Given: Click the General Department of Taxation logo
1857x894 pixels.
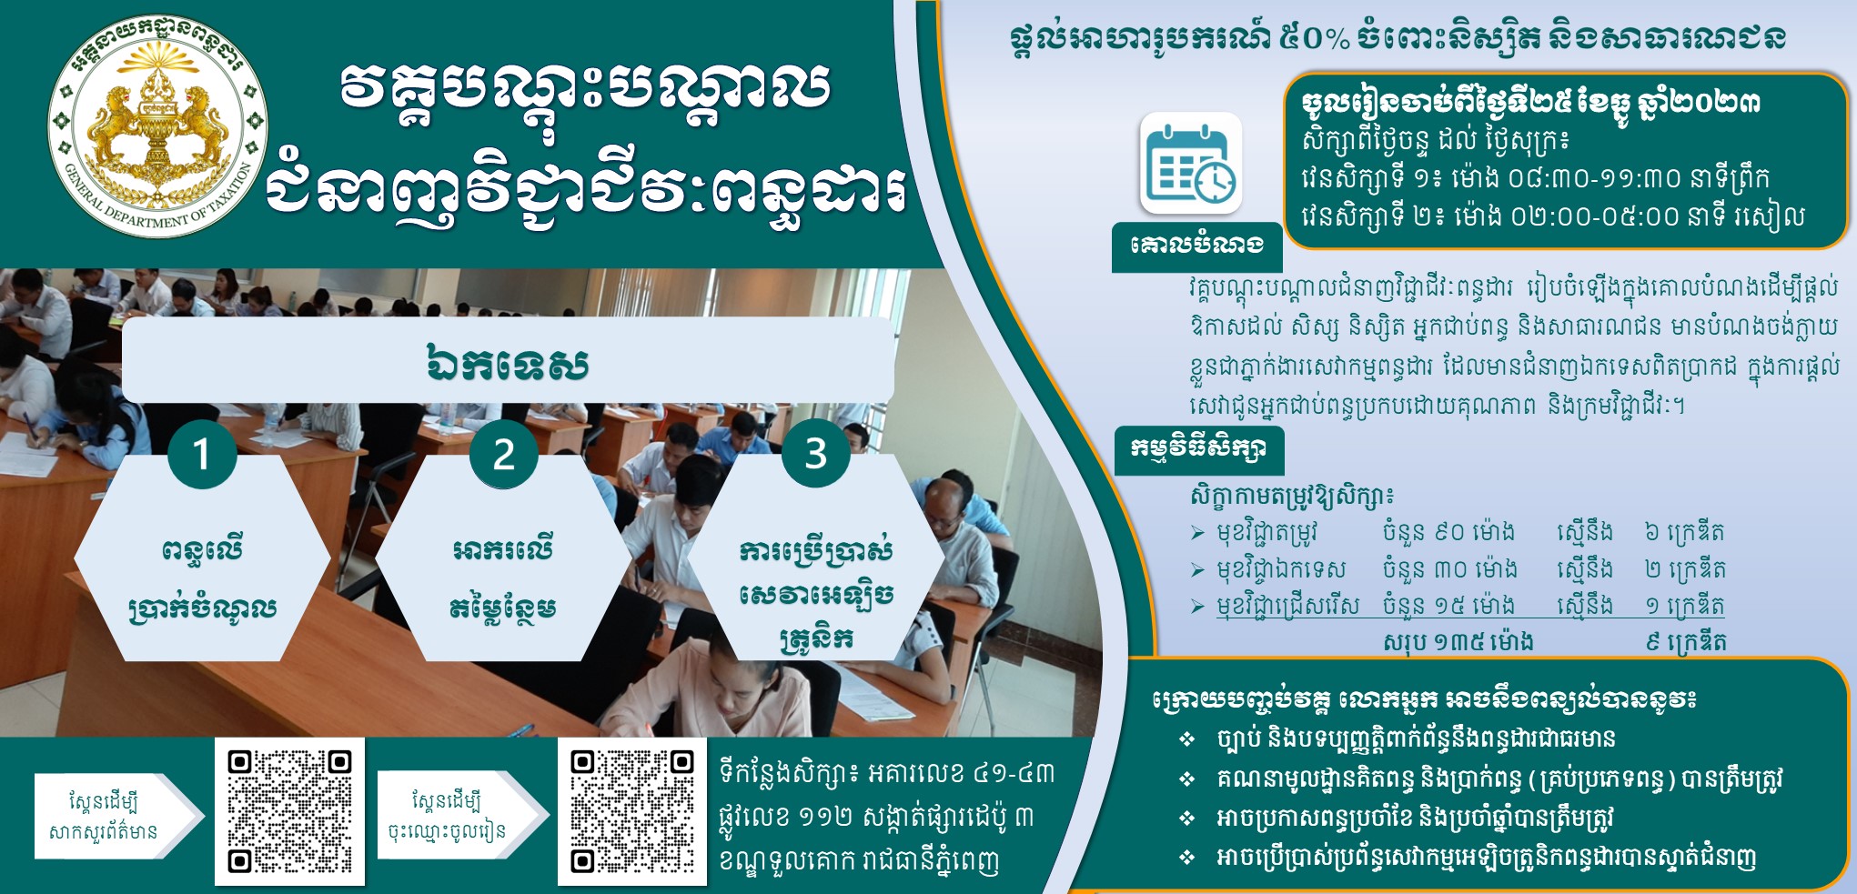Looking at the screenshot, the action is click(157, 126).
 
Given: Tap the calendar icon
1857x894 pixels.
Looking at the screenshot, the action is click(1191, 164).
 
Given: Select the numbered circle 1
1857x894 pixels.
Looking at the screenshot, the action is click(202, 454).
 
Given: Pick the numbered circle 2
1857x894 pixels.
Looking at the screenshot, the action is click(504, 454).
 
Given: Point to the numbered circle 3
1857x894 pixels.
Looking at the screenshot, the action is click(816, 453).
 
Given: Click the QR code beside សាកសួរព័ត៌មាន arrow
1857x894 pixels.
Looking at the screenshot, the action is click(289, 811).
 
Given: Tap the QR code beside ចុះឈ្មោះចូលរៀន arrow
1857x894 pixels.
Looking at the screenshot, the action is click(632, 811).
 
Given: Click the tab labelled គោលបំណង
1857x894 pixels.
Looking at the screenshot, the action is click(1196, 246).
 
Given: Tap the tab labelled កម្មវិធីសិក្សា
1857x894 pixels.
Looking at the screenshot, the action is click(1199, 449).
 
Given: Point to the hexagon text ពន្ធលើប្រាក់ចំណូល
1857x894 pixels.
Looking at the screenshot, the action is click(202, 578).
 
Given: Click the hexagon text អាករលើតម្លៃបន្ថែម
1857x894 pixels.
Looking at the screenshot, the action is click(503, 578).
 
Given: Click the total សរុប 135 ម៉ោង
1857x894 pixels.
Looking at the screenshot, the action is click(1458, 642).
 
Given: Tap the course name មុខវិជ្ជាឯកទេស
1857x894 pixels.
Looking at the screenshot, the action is click(1281, 570).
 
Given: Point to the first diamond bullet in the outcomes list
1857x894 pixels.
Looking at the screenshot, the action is click(1186, 739).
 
